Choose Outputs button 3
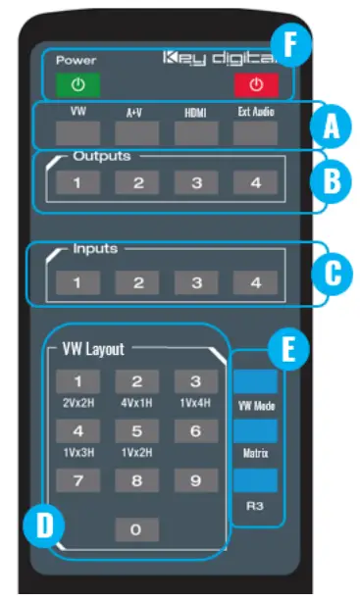click(x=196, y=182)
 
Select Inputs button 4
click(x=253, y=283)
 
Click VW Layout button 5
click(x=137, y=430)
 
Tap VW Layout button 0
click(x=137, y=529)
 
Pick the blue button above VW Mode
click(x=255, y=380)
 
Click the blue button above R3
click(x=255, y=481)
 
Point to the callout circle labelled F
click(x=289, y=44)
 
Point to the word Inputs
click(x=94, y=249)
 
